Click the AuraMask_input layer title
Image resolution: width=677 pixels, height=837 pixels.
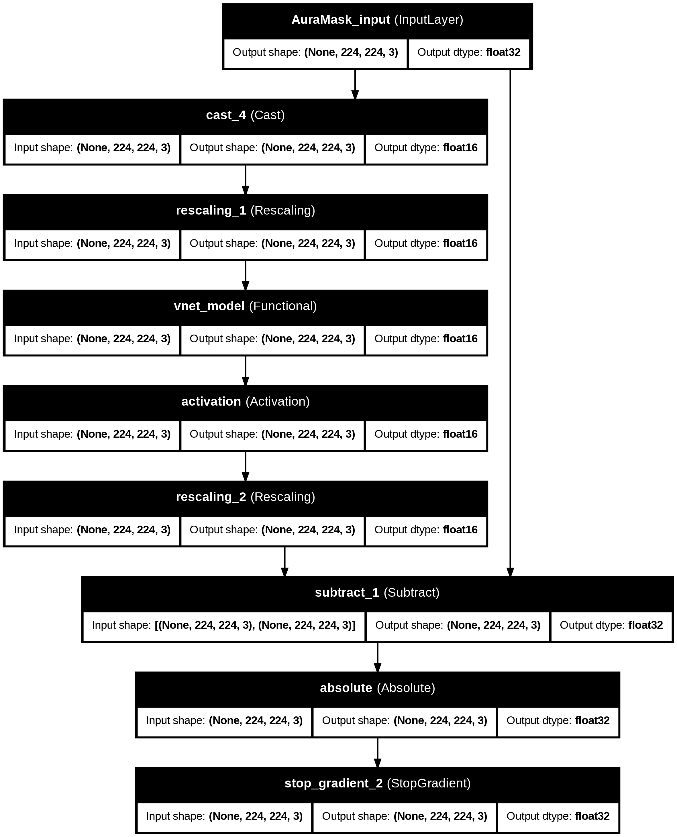click(377, 20)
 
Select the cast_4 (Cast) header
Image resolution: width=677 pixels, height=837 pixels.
click(245, 115)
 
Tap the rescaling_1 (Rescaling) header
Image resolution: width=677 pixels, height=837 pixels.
click(245, 211)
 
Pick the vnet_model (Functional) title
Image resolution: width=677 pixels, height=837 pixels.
click(245, 306)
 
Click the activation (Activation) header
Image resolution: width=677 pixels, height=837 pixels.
click(245, 402)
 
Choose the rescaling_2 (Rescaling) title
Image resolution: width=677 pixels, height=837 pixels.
click(245, 497)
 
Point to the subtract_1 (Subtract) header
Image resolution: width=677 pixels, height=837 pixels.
click(377, 593)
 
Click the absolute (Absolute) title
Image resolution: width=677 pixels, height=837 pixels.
click(377, 688)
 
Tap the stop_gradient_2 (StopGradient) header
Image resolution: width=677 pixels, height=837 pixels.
click(377, 784)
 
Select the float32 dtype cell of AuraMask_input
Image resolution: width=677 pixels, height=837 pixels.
click(469, 53)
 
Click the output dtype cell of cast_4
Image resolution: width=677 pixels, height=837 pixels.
click(426, 148)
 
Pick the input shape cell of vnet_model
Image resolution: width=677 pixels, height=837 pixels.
click(93, 339)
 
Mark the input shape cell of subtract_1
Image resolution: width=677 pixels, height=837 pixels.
click(224, 625)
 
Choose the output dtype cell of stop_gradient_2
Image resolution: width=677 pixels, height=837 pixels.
click(558, 816)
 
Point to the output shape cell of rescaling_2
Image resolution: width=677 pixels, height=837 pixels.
click(272, 530)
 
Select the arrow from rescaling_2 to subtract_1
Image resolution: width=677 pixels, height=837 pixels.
click(285, 562)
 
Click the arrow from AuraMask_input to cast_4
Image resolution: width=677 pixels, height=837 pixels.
click(355, 85)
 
